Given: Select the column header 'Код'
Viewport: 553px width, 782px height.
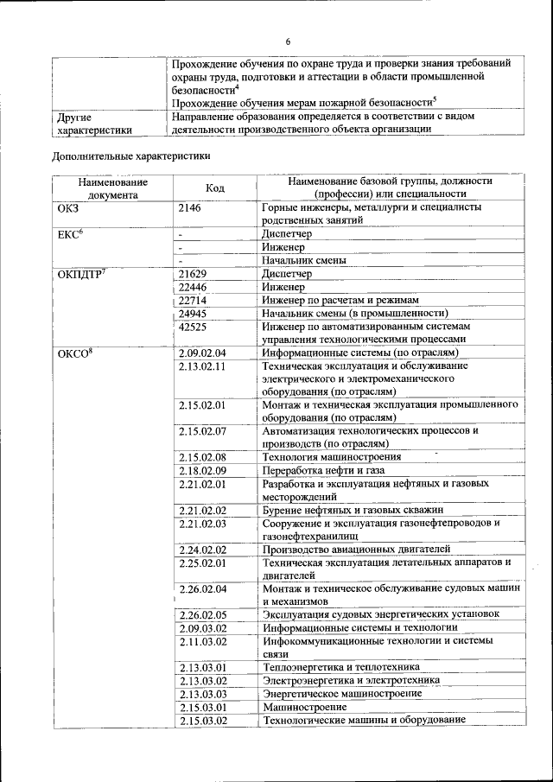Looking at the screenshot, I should tap(215, 188).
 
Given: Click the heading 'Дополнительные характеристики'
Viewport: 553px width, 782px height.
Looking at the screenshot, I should tap(130, 156).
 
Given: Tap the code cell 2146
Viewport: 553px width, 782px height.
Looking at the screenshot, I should tap(193, 208).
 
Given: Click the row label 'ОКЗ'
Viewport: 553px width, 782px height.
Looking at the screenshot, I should tap(67, 208).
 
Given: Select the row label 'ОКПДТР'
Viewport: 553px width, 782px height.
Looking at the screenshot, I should tap(80, 274).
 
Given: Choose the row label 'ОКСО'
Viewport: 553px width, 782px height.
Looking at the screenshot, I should tap(73, 353).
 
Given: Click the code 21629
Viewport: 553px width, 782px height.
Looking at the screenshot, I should tap(193, 274).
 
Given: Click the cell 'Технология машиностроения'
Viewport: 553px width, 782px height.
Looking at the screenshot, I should tap(332, 456).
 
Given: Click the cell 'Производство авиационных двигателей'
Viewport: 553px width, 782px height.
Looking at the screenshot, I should tap(358, 549).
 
